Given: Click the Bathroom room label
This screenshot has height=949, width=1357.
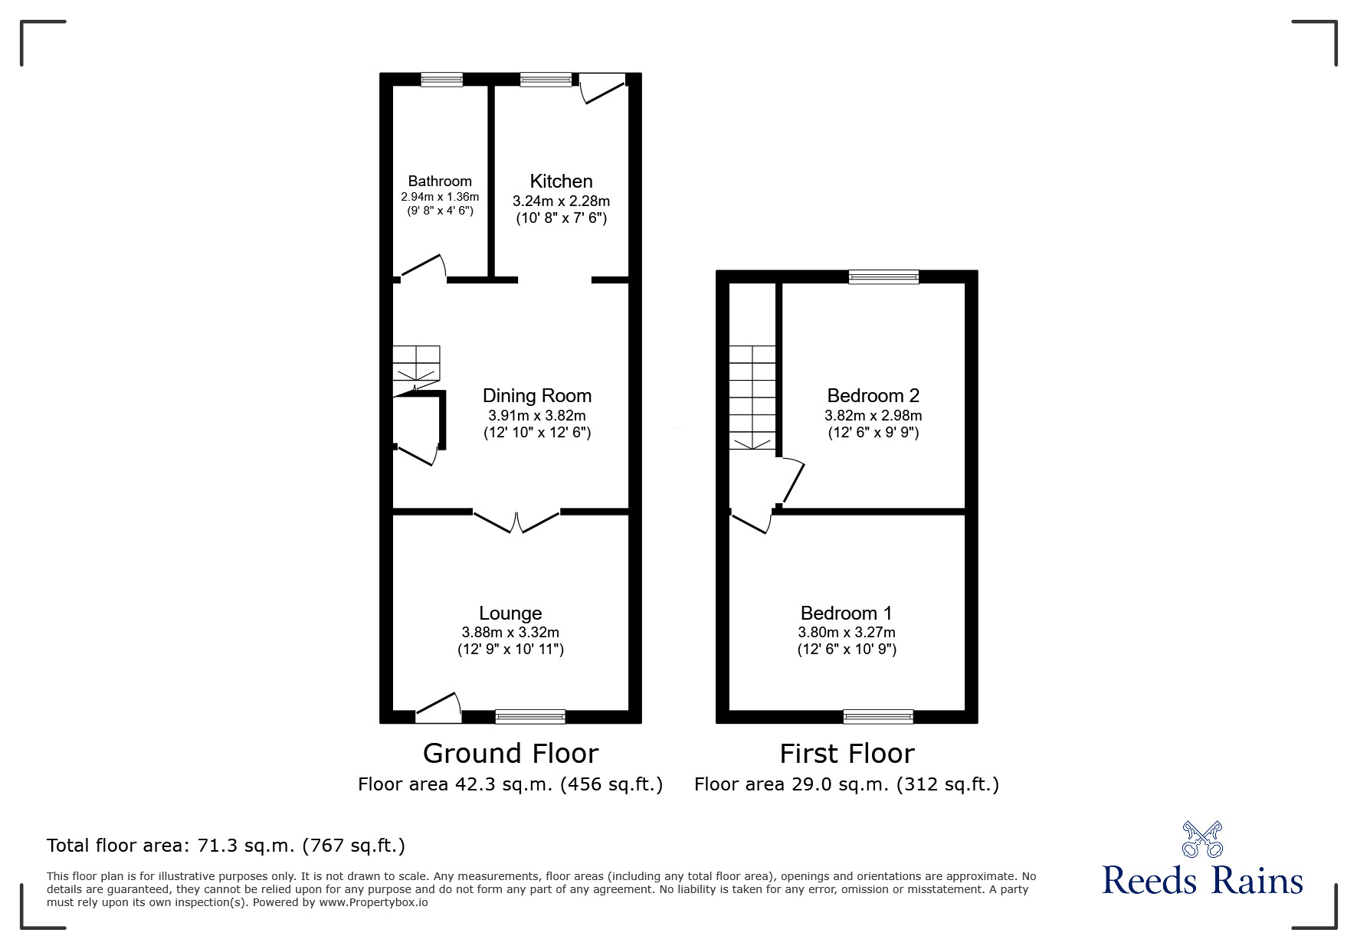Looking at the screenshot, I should [x=440, y=182].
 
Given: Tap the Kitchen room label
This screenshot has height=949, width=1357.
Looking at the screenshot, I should [x=561, y=182].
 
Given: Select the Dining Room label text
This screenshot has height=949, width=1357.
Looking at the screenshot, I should [x=536, y=396].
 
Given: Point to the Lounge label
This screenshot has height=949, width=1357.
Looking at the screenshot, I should [x=510, y=614].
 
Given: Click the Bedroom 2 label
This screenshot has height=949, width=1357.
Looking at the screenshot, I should [x=873, y=396].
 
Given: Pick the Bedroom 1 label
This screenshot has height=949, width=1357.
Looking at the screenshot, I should [x=846, y=614].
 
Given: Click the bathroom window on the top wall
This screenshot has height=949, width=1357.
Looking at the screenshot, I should [x=442, y=79].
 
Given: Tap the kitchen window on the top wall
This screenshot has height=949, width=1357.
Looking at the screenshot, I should [x=546, y=79].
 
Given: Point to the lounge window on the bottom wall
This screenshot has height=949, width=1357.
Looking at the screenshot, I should [x=530, y=717].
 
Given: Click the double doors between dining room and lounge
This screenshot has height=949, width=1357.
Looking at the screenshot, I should [x=516, y=520].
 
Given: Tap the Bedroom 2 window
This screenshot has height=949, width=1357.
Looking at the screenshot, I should [x=883, y=277].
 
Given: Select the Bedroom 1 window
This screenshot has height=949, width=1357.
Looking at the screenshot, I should [x=878, y=717].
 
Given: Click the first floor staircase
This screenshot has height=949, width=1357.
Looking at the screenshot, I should [x=752, y=397].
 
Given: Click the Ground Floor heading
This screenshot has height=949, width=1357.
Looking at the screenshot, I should [x=510, y=754].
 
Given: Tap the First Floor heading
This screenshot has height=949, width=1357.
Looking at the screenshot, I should [x=847, y=754].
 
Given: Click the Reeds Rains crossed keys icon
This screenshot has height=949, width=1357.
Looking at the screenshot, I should [x=1202, y=839].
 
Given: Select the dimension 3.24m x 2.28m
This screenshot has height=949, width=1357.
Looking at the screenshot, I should [x=561, y=201].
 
